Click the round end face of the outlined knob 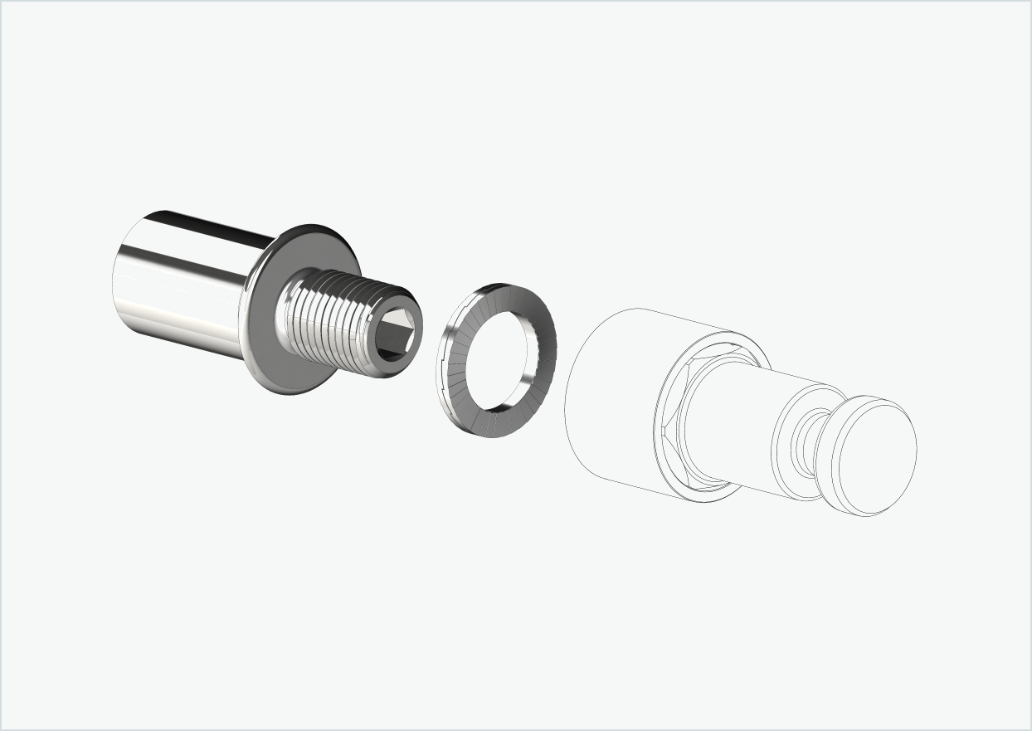[x=875, y=456]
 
